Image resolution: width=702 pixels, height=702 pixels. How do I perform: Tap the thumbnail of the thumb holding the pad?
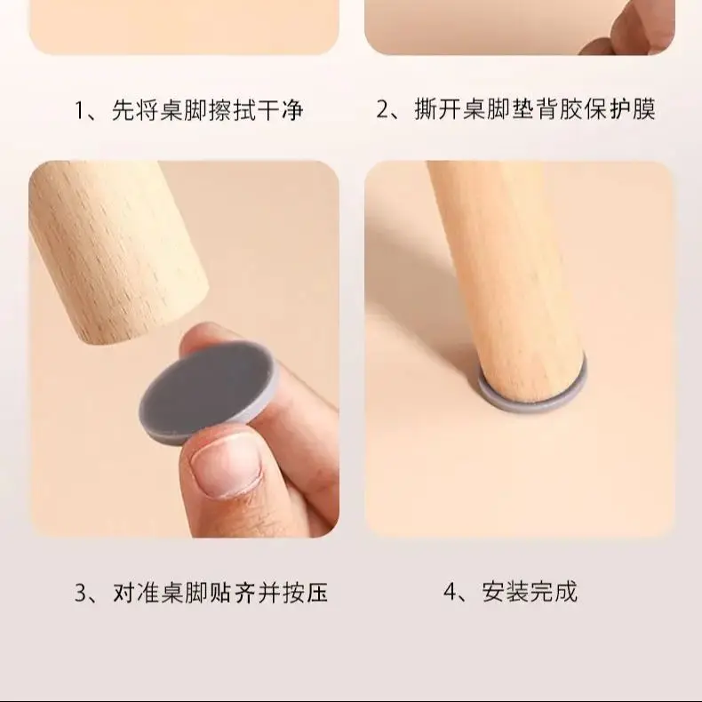coord(225,467)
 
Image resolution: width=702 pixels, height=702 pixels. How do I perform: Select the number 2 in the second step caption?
coord(385,111)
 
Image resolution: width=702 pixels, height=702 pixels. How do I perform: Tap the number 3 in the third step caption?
coord(81,592)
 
